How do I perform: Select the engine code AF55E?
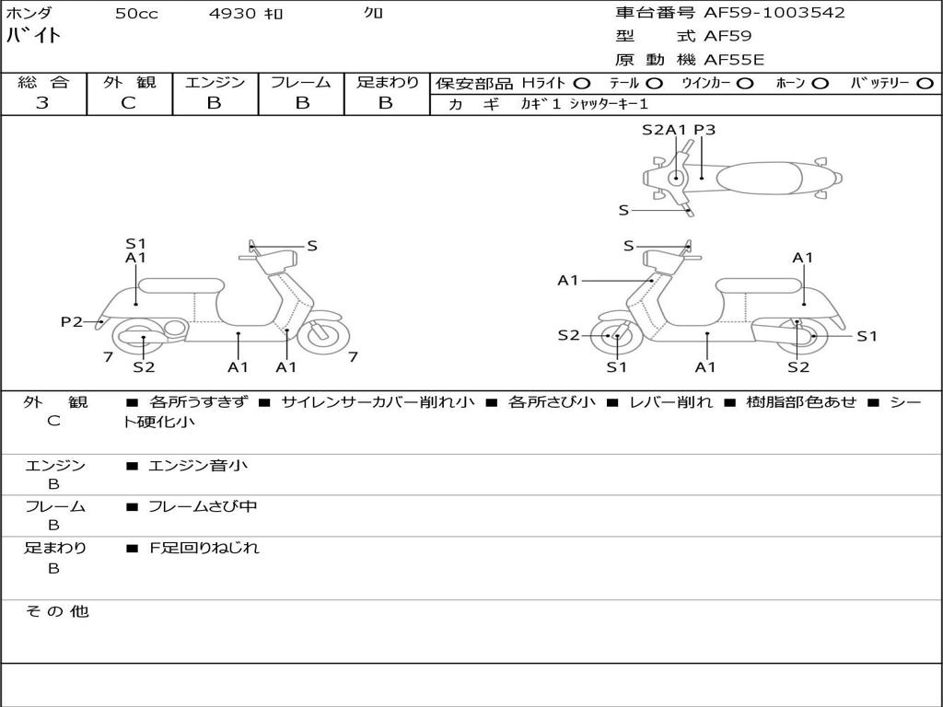(734, 61)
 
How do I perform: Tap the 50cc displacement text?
(136, 14)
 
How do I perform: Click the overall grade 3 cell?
(42, 103)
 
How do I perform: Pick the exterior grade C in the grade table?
(128, 103)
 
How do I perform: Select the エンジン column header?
(215, 83)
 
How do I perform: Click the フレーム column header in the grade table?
(301, 83)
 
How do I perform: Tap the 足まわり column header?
(387, 83)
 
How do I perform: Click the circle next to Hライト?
(582, 84)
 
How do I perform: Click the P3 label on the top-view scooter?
(704, 130)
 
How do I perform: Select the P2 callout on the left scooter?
(71, 321)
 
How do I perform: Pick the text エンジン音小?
(198, 466)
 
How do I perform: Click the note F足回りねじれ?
(204, 548)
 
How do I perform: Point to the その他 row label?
(56, 611)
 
